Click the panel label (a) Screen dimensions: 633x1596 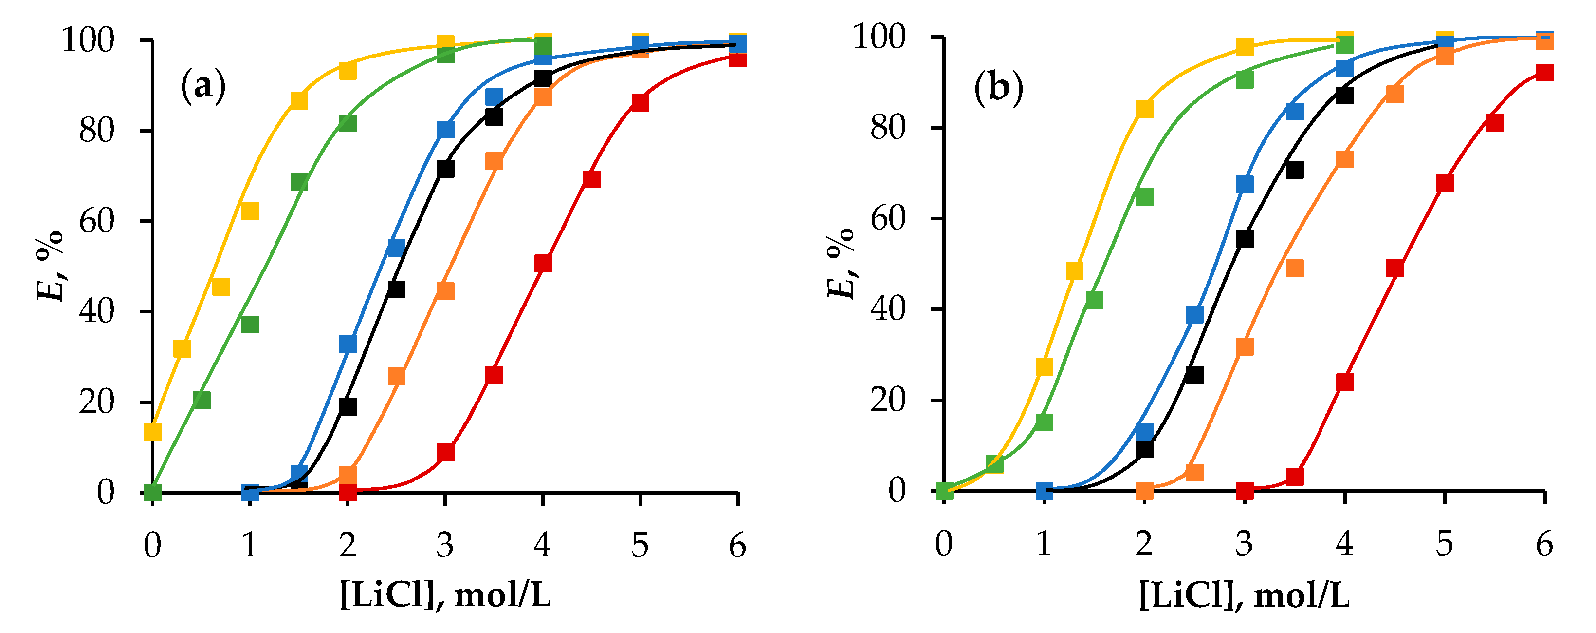(x=203, y=87)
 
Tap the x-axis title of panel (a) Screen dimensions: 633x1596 (x=445, y=596)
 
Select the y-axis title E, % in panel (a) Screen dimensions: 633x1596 (x=51, y=266)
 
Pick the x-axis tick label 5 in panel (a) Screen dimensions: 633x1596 (x=640, y=546)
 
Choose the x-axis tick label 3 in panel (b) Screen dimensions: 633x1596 (x=1244, y=544)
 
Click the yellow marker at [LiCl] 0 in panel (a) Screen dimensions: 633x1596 (x=152, y=432)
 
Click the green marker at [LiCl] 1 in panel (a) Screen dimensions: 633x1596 (x=250, y=324)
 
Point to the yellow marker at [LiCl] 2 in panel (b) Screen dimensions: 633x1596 (x=1144, y=109)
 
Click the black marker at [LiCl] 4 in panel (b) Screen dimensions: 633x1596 (x=1344, y=96)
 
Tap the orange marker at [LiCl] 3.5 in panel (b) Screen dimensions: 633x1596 (x=1294, y=268)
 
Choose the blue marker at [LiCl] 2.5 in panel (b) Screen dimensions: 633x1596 (x=1194, y=314)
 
